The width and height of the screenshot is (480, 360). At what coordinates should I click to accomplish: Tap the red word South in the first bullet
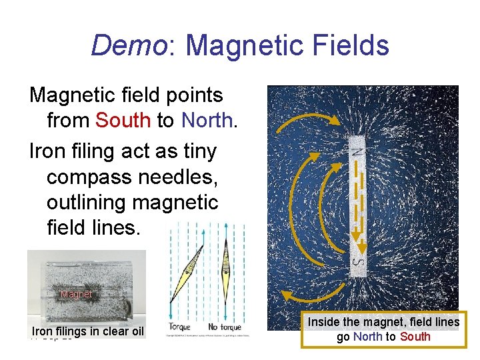pyautogui.click(x=123, y=120)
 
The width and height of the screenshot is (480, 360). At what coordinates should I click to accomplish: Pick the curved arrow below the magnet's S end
pyautogui.click(x=313, y=300)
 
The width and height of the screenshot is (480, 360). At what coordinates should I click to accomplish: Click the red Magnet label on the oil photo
pyautogui.click(x=76, y=294)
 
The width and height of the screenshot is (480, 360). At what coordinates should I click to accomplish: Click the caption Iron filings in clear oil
pyautogui.click(x=87, y=331)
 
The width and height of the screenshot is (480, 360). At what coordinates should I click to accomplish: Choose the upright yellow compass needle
pyautogui.click(x=226, y=273)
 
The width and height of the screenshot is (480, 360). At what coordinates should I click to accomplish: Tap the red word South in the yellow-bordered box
pyautogui.click(x=415, y=337)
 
